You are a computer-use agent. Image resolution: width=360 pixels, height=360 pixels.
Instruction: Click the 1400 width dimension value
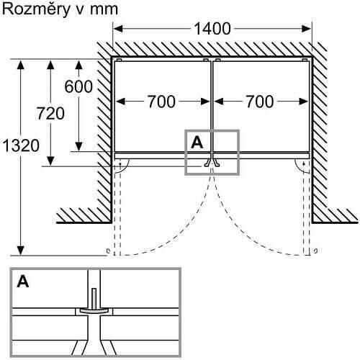point(212,29)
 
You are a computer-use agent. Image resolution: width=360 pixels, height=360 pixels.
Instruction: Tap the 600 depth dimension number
point(78,86)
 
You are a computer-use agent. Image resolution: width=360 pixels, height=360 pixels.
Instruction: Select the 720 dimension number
point(50,113)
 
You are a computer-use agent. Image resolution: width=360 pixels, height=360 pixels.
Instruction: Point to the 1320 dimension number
point(21,145)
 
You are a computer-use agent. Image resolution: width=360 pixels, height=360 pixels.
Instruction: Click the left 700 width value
point(161,102)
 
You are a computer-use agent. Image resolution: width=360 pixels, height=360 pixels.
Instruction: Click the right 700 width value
point(260,102)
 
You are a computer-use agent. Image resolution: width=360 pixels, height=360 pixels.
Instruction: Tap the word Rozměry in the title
point(36,9)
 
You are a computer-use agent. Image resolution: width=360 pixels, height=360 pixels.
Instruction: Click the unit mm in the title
point(104,10)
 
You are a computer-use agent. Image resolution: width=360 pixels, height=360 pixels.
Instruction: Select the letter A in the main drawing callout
point(197,143)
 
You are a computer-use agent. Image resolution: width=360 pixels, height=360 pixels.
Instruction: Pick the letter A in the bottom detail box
point(23,282)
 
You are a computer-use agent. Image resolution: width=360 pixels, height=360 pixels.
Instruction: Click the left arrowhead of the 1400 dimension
point(118,29)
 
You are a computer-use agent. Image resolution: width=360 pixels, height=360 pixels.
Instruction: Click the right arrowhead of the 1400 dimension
point(307,29)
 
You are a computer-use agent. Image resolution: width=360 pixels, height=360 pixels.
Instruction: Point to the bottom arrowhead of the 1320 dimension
point(21,251)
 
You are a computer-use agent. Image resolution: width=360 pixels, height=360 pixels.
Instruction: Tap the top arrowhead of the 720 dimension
point(50,66)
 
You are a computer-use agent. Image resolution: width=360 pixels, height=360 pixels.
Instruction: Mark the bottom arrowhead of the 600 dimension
point(78,146)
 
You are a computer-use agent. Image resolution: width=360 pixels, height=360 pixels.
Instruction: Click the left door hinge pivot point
point(120,164)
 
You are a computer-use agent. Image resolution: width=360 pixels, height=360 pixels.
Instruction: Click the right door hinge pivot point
point(304,164)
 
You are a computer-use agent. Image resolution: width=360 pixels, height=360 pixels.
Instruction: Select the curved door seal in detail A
point(94,311)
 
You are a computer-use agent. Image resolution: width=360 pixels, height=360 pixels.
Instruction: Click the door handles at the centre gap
point(212,163)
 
